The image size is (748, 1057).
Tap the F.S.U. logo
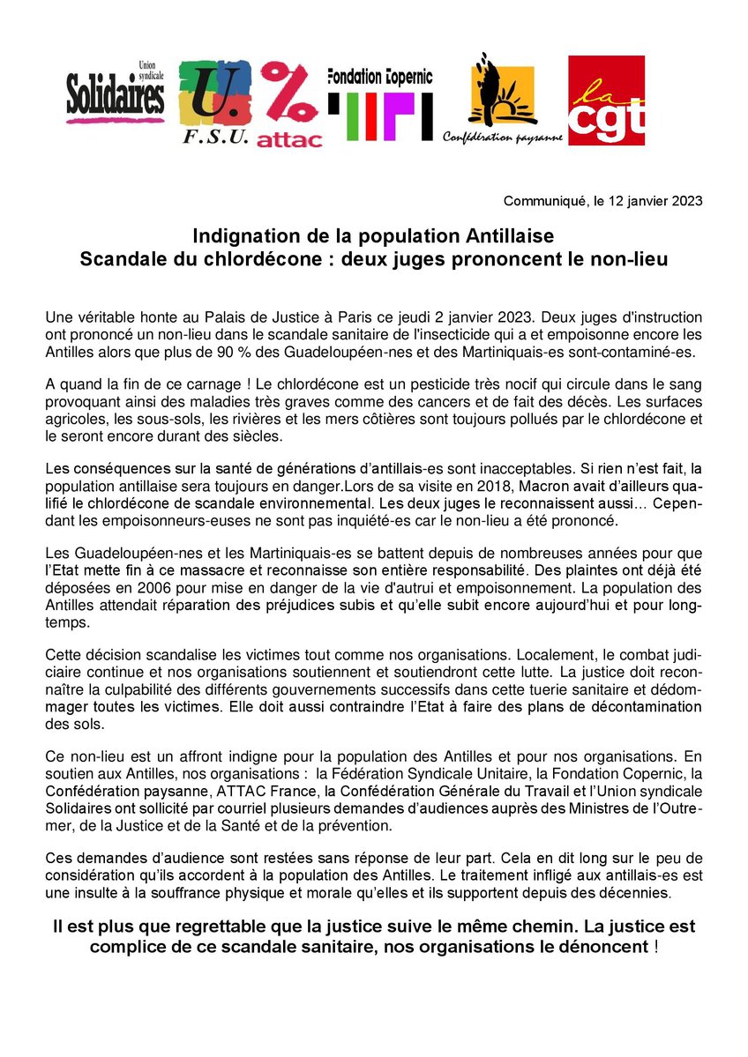tap(215, 101)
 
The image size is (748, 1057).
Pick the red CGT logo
tap(606, 100)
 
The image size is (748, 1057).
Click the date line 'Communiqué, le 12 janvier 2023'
tap(602, 201)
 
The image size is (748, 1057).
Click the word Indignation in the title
tap(242, 236)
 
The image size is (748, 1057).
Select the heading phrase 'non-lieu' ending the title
tap(636, 260)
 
